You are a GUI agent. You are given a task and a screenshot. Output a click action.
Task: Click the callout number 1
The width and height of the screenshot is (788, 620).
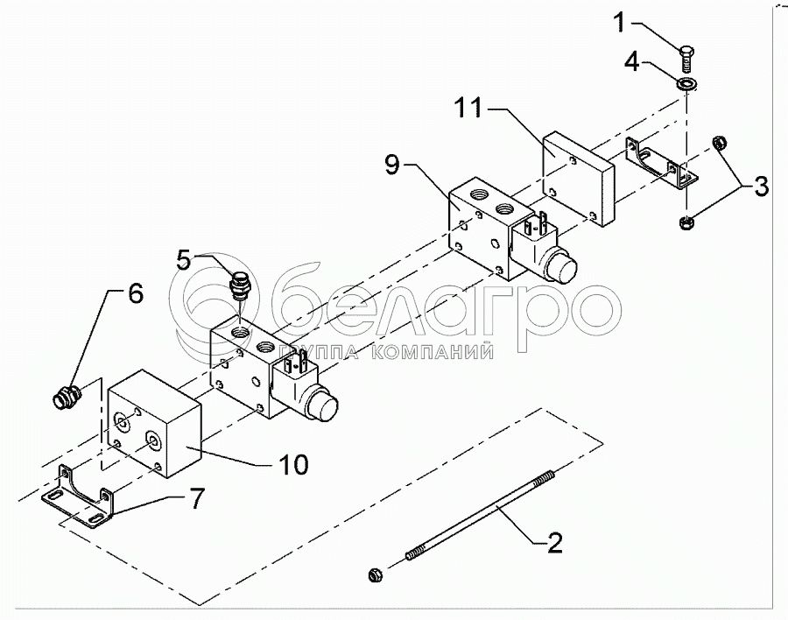coord(620,22)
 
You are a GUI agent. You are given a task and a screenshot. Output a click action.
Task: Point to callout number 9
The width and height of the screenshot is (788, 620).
coord(394,163)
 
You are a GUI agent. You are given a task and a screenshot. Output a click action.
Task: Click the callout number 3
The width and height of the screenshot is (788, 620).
coord(761,185)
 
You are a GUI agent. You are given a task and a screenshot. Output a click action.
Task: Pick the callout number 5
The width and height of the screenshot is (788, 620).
coord(183,261)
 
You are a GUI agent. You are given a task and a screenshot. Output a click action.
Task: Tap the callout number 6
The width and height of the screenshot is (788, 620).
coord(134,294)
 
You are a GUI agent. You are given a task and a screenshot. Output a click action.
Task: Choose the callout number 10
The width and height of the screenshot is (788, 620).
coord(292,465)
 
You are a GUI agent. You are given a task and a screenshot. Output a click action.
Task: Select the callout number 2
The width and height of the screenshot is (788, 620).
coord(554,543)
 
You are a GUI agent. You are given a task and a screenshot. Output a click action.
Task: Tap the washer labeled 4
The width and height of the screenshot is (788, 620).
coord(686,84)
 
